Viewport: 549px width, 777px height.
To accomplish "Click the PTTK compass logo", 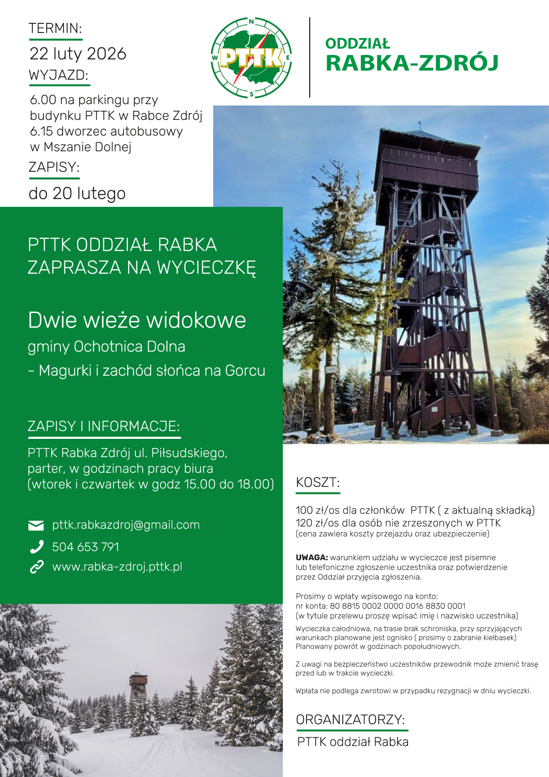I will [251, 58].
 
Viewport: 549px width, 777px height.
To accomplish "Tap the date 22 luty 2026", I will [78, 54].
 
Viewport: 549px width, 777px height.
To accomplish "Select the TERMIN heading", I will [55, 28].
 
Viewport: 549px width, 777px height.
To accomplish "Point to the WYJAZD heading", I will [58, 75].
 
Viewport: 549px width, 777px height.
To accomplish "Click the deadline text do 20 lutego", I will [77, 194].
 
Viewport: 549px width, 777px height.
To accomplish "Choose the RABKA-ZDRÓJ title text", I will [412, 63].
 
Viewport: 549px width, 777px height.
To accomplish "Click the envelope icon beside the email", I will [36, 525].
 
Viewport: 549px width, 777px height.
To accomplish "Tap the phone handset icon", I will [36, 547].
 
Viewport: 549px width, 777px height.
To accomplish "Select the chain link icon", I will [36, 567].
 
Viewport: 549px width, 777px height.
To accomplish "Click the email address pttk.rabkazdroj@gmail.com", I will [126, 525].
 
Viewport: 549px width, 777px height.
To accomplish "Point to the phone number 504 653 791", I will [86, 547].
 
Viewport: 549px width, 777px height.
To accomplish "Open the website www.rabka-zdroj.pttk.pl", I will [117, 567].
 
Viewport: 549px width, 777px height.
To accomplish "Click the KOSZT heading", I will [318, 483].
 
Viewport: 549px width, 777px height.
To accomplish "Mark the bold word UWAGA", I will [312, 558].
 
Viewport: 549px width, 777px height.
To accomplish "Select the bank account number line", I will [381, 606].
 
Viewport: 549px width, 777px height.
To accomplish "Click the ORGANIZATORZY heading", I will [350, 720].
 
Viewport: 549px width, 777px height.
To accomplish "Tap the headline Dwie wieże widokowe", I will [137, 320].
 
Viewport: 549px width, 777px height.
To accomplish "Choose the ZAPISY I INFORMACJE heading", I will [103, 426].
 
